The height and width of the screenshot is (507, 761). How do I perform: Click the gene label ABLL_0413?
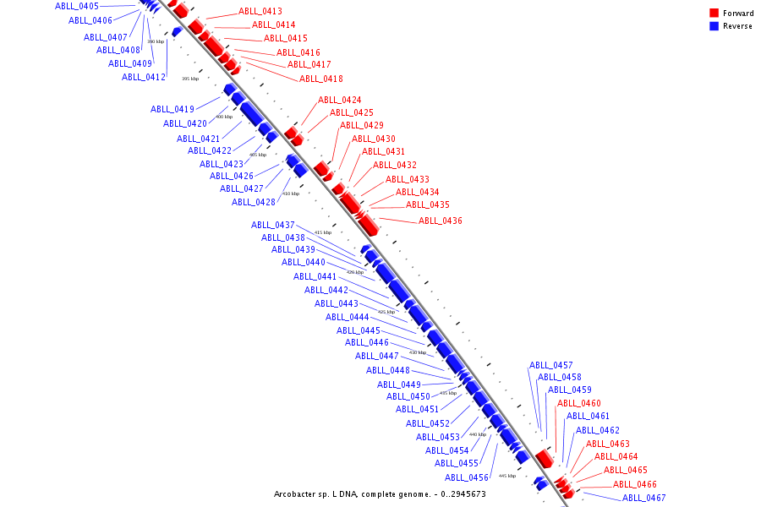click(260, 12)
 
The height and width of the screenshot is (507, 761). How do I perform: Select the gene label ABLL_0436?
click(441, 221)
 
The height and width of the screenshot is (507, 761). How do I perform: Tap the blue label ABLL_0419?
click(172, 109)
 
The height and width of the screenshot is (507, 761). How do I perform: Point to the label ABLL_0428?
click(254, 202)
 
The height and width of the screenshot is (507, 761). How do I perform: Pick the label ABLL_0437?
click(273, 226)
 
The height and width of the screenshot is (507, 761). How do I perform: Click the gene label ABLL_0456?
click(467, 478)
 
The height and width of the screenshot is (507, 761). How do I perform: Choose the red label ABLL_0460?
click(579, 404)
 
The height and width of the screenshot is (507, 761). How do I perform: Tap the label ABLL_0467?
click(644, 499)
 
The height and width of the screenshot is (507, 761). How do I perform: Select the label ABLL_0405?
click(77, 7)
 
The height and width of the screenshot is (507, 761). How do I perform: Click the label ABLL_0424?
click(340, 101)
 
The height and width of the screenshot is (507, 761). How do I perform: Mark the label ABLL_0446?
click(367, 343)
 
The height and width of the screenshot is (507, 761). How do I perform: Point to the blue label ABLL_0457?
click(551, 366)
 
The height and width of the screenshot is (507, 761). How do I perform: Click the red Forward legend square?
click(714, 14)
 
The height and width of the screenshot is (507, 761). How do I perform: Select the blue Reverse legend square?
click(714, 26)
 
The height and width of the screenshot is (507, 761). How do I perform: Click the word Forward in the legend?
click(738, 14)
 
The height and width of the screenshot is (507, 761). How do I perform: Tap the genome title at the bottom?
click(380, 494)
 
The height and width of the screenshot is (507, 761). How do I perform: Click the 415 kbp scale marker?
click(323, 232)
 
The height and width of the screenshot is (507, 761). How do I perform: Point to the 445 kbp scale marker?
click(507, 476)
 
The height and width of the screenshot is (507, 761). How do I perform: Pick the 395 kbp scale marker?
click(190, 79)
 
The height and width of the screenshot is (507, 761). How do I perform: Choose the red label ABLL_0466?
click(635, 485)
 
